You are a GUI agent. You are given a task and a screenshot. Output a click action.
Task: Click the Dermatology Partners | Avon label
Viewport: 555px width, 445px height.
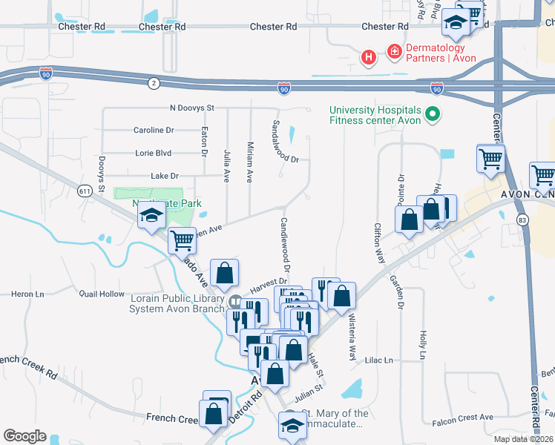point(441,53)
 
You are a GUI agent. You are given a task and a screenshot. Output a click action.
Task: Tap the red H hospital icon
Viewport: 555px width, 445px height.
point(367,57)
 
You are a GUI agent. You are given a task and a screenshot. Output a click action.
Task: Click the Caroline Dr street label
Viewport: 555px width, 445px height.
point(153,131)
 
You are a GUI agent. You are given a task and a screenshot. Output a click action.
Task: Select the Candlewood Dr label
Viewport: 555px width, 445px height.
point(285,244)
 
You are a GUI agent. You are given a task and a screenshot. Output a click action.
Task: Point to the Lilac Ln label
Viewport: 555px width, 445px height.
point(379,360)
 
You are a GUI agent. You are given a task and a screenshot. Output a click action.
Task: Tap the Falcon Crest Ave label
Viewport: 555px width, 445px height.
point(463,418)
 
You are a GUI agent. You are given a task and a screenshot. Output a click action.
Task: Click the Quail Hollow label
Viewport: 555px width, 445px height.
point(102,294)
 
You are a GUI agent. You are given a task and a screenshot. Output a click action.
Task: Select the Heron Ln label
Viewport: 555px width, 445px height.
point(27,294)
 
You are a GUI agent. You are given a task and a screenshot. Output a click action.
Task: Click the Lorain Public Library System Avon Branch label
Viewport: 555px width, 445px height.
point(180,303)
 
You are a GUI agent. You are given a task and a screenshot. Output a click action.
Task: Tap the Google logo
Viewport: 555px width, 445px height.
point(24,436)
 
